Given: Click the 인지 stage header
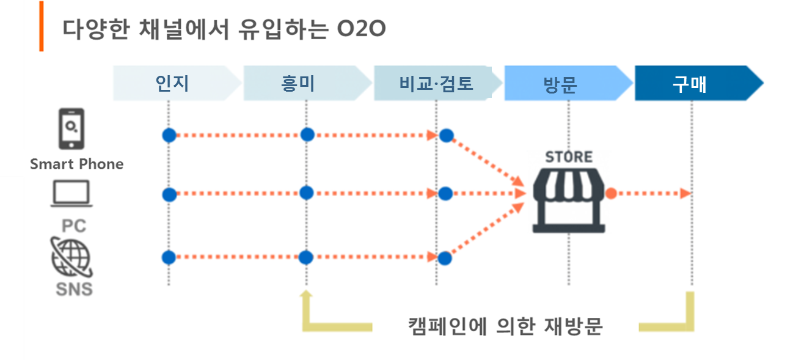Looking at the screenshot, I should click(x=172, y=83).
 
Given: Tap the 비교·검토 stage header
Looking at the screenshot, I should click(x=436, y=83).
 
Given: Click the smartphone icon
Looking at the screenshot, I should click(x=72, y=130).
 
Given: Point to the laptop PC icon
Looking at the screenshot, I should click(x=71, y=194).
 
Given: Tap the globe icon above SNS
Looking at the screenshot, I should click(x=71, y=258).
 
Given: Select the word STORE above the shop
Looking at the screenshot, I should click(x=569, y=156).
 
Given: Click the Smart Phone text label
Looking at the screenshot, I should click(x=76, y=164).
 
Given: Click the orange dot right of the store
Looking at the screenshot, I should click(x=610, y=194).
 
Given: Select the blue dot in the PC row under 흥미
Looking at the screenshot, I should click(x=307, y=193).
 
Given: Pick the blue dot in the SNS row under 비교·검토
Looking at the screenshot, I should click(x=445, y=258).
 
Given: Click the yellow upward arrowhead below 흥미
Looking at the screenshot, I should click(x=307, y=295).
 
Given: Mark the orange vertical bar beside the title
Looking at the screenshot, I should click(x=41, y=26).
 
